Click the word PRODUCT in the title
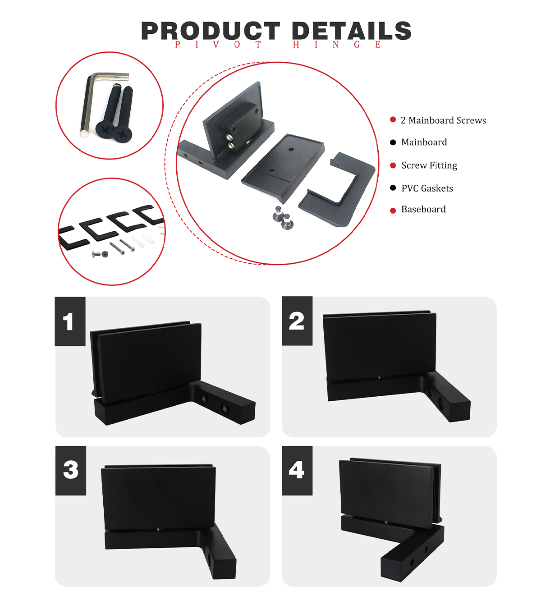coord(211,31)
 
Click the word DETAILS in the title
coord(351,31)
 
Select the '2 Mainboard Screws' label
coord(443,120)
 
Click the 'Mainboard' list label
coord(424,142)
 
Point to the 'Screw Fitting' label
coord(429,165)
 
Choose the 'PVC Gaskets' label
coord(427,188)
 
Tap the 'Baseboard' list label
coord(423,209)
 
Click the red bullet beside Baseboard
coord(393,211)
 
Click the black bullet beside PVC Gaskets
coord(393,188)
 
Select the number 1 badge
coord(70,321)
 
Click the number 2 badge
coord(297,321)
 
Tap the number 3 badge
coord(71,471)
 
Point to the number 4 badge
coord(297,471)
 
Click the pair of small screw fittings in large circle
coord(283,218)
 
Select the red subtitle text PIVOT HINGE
coord(278,45)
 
